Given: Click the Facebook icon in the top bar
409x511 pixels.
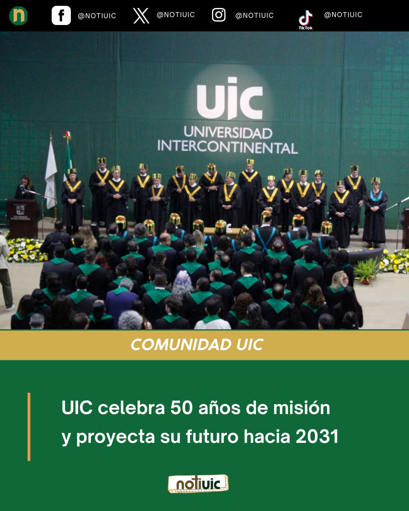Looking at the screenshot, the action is [x=61, y=16].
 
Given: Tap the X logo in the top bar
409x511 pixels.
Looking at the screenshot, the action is [x=141, y=16].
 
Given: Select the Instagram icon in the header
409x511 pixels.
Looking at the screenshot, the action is [x=219, y=15].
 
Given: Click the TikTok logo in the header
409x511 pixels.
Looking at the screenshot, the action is [x=306, y=19].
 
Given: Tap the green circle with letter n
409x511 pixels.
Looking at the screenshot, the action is [x=18, y=16].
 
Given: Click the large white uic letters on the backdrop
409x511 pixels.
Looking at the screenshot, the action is [x=230, y=98].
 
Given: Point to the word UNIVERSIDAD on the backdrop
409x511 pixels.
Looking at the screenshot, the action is [x=228, y=133].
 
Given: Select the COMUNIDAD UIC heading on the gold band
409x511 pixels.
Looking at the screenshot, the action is [x=197, y=344].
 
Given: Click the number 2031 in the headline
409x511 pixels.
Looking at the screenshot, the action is [x=317, y=436].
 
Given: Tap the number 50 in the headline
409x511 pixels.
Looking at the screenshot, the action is [x=181, y=408].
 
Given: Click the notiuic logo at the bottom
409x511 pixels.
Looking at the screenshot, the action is [x=198, y=484].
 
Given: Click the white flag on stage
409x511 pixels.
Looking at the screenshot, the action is [x=51, y=174].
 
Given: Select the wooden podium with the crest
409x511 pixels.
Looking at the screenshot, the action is [x=23, y=218].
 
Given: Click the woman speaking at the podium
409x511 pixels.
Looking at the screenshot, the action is [x=25, y=188].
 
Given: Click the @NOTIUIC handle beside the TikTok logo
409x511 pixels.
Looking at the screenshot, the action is [x=343, y=15].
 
